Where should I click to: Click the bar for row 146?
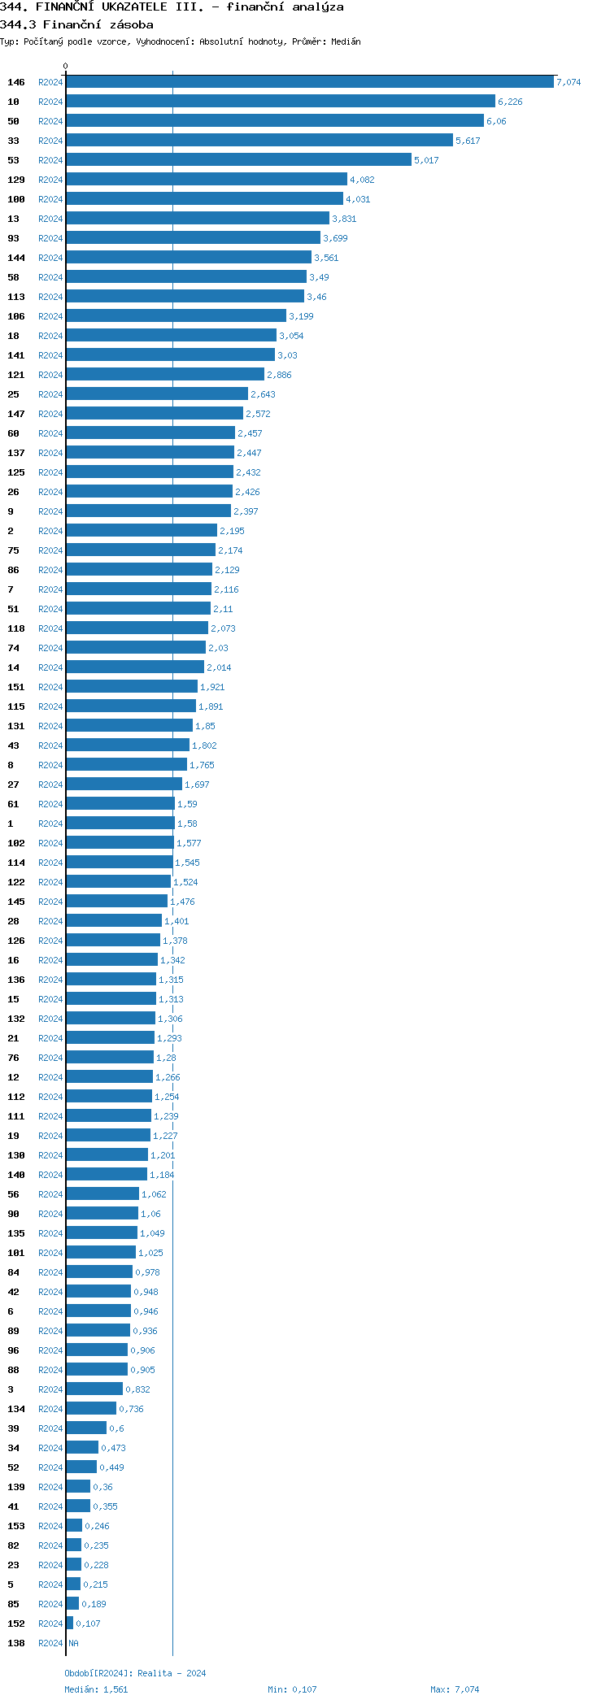pos(309,82)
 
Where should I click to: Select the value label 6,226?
pos(510,102)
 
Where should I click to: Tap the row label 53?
pos(13,160)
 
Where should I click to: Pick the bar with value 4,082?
pos(207,180)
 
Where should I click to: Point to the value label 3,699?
pos(335,238)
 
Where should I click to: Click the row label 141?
pos(16,355)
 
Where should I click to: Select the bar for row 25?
pos(157,394)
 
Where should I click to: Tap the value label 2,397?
pos(246,511)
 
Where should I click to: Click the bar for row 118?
pos(137,628)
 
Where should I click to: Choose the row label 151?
pos(16,687)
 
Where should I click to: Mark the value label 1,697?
pos(197,785)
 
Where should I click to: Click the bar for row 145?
pos(116,902)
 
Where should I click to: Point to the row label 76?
pos(13,1058)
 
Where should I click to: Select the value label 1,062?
pos(154,1194)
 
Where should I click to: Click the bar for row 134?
pos(91,1409)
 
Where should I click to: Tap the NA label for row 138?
pos(73,1643)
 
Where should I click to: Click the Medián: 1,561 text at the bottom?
pos(96,1689)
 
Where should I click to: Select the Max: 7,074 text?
pos(455,1689)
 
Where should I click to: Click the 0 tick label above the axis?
pos(66,66)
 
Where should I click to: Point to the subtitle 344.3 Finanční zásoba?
pos(76,24)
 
